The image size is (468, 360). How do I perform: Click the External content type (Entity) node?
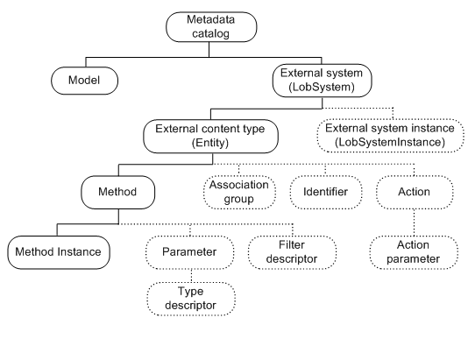(x=209, y=135)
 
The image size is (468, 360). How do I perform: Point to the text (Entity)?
(x=209, y=142)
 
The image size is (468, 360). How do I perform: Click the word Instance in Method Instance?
(x=79, y=252)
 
